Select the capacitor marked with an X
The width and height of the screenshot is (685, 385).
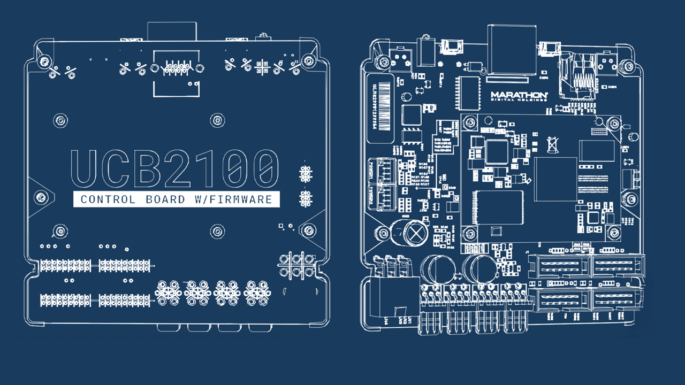[415, 233]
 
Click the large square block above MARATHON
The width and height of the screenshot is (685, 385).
[511, 51]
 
